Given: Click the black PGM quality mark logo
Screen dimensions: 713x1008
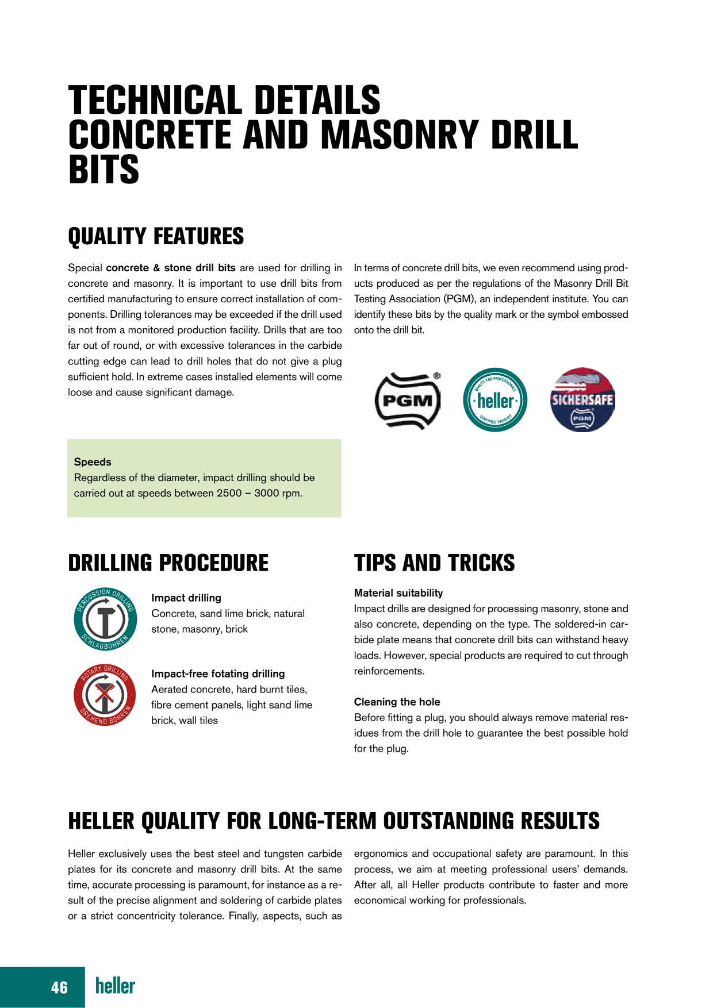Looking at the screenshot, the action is tap(408, 401).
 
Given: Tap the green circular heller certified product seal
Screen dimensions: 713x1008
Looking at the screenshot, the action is tap(495, 400).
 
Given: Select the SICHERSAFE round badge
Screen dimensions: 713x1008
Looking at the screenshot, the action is tap(582, 400).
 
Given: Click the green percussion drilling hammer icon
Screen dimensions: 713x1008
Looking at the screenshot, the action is tap(106, 620).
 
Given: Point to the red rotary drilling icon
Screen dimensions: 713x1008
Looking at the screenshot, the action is tap(105, 695).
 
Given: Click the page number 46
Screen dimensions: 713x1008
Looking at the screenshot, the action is tap(59, 987).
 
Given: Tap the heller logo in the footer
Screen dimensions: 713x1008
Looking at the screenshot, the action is tap(115, 986).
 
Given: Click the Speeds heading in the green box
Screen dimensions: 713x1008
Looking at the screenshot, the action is tap(93, 462).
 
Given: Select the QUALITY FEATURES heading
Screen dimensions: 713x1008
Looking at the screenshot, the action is tap(156, 237).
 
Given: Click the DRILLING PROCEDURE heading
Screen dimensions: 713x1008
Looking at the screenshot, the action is tap(168, 563).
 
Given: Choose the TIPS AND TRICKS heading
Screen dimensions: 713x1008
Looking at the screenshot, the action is tap(434, 563).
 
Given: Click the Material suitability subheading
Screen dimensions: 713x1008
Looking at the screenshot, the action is tap(398, 593).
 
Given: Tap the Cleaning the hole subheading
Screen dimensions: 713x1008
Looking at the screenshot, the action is tap(397, 702).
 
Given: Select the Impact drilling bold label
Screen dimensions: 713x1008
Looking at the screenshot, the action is tap(186, 598).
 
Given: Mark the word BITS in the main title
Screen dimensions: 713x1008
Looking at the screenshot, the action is tap(104, 170).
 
